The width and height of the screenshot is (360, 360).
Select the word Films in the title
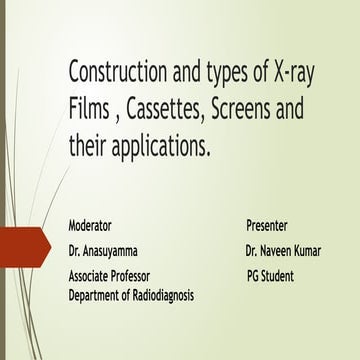click(x=89, y=108)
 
